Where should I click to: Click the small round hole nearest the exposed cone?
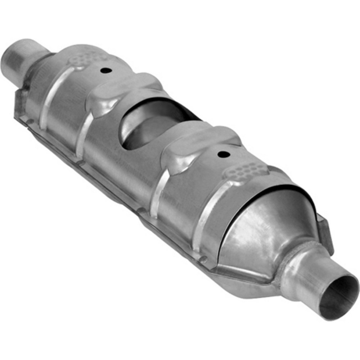(x=224, y=154)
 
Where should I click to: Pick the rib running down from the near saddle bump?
(x=157, y=191)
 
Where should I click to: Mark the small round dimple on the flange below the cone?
(x=204, y=258)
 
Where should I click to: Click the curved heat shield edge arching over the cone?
(x=274, y=189)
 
